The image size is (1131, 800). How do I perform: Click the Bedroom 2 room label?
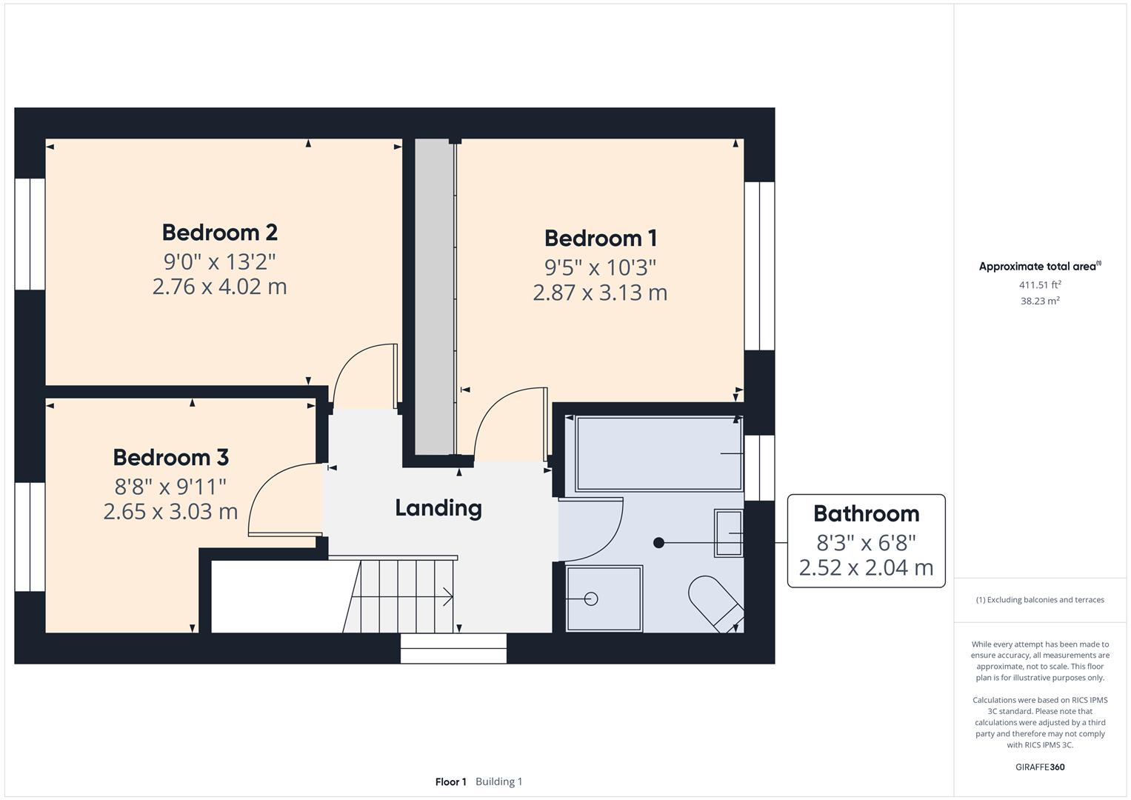(219, 233)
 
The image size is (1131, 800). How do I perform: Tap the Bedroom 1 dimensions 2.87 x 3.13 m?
(600, 293)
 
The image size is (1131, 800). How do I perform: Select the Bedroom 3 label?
(170, 458)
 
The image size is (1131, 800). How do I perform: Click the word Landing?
(438, 508)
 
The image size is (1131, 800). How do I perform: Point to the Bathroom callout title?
(866, 513)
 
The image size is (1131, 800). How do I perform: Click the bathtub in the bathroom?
(658, 453)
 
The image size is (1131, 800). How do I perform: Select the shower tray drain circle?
(590, 599)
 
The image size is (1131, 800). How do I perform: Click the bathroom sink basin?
(728, 533)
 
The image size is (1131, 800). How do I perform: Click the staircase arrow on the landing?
(447, 596)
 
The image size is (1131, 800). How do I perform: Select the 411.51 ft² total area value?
(1040, 285)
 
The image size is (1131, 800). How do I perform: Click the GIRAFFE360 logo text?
(1040, 767)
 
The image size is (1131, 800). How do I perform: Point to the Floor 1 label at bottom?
(450, 781)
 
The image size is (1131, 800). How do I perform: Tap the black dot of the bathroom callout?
(658, 543)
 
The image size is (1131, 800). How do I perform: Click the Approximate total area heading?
(1039, 267)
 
